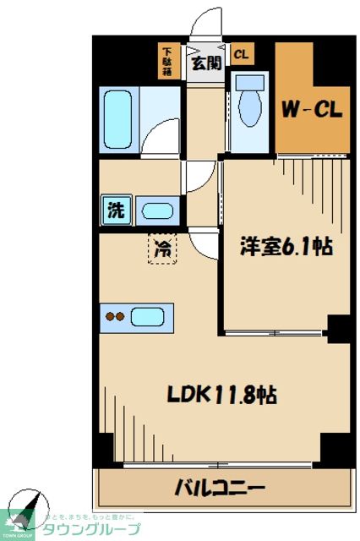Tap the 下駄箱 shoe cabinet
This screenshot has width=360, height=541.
(x=167, y=62)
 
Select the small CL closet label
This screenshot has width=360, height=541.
(x=241, y=55)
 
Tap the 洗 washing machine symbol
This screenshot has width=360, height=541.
(x=114, y=210)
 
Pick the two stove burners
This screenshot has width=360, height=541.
(x=114, y=318)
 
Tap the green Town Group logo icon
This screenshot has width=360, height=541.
(x=17, y=522)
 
